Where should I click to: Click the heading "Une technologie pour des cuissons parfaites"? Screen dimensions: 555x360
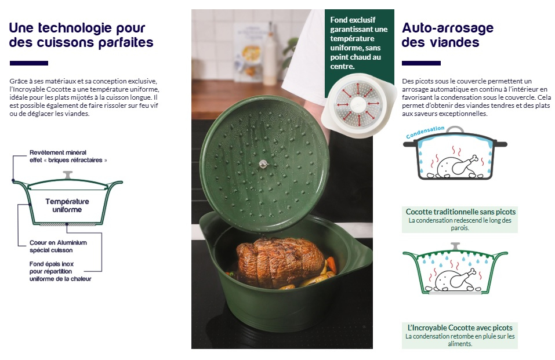(81, 35)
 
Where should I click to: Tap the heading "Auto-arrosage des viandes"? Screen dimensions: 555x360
(447, 35)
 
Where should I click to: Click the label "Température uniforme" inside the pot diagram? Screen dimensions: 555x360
(67, 205)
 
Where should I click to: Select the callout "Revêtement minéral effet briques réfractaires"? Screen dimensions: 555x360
(68, 156)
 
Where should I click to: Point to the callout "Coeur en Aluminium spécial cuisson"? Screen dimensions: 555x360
(58, 246)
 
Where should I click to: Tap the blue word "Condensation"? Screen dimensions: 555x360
(425, 132)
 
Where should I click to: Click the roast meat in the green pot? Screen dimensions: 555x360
(280, 261)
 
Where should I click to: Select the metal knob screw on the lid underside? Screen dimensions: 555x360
(263, 163)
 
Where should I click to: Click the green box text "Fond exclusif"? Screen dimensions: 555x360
(353, 20)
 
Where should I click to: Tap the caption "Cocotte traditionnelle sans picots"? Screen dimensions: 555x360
(460, 212)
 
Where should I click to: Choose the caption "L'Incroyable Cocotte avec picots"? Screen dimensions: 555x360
(460, 328)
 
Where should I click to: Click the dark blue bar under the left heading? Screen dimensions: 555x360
(29, 63)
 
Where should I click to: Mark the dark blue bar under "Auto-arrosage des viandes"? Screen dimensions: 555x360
(421, 63)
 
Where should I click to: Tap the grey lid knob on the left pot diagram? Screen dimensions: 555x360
(68, 175)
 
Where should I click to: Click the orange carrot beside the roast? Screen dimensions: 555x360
(331, 264)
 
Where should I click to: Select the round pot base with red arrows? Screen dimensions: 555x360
(358, 104)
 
